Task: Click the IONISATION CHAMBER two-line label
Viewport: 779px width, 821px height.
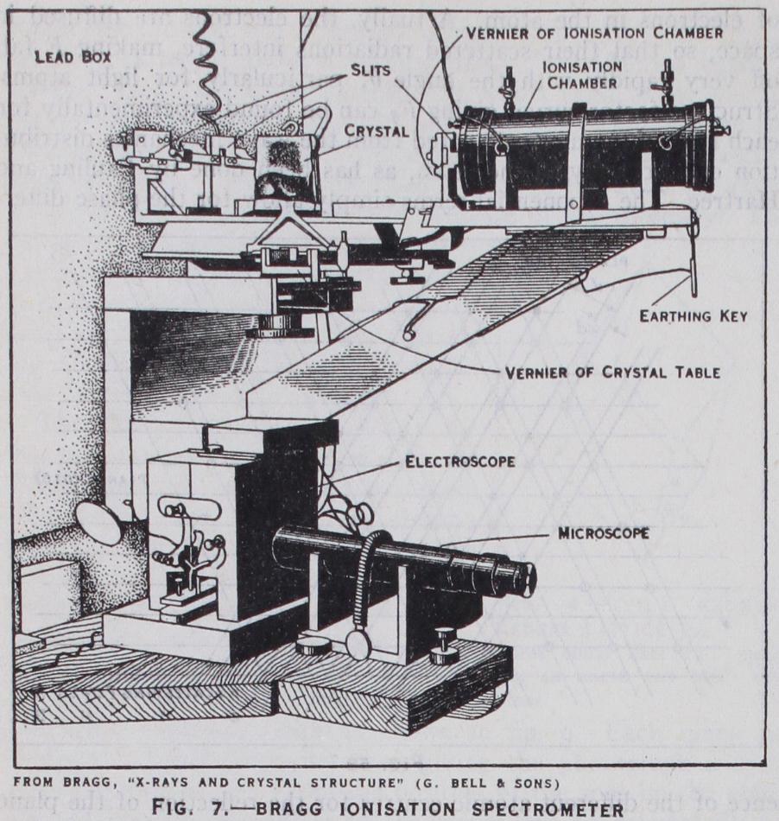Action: (x=581, y=74)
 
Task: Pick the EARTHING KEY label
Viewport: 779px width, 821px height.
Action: (x=693, y=315)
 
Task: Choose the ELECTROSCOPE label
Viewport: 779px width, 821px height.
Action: (x=460, y=461)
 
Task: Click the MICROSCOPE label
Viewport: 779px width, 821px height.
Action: (x=604, y=533)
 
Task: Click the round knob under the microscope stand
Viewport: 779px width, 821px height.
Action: (x=355, y=644)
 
